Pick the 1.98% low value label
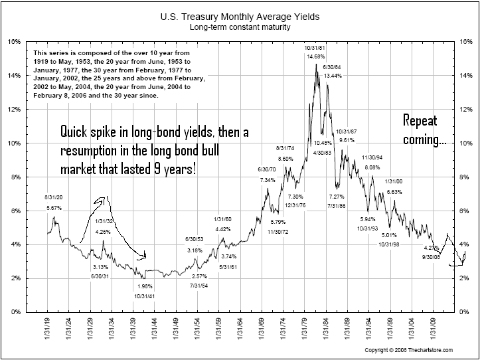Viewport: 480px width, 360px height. coord(143,286)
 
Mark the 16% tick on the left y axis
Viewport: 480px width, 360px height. coord(15,41)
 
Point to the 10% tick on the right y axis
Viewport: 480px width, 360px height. coord(466,143)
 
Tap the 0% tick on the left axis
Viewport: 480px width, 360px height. coord(17,312)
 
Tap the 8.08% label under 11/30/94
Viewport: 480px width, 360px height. coord(372,167)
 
